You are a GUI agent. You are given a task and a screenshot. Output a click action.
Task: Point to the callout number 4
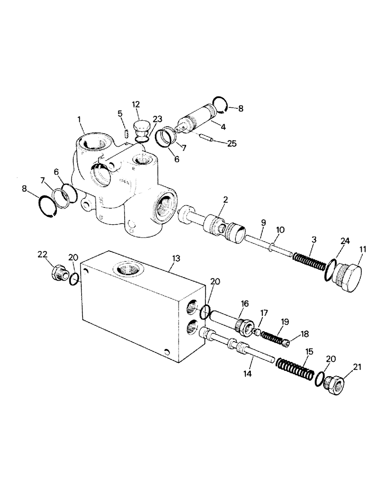[x=223, y=127]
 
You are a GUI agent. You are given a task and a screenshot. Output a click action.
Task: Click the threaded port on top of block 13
[x=128, y=270]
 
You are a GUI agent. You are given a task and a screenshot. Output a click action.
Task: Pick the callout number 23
[x=157, y=119]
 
